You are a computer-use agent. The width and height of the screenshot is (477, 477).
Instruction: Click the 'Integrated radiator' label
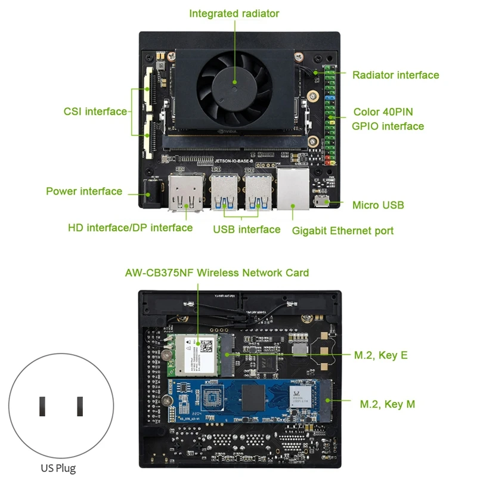pyautogui.click(x=234, y=13)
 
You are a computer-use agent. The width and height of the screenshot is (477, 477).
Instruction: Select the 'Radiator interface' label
pyautogui.click(x=395, y=75)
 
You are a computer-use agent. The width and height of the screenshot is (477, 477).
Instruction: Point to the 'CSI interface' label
pyautogui.click(x=95, y=111)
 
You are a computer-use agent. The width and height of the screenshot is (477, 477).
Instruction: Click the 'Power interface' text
pyautogui.click(x=84, y=191)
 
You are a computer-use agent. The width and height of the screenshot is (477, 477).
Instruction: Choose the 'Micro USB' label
pyautogui.click(x=378, y=205)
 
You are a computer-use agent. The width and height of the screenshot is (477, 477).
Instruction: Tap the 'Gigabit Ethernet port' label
pyautogui.click(x=342, y=231)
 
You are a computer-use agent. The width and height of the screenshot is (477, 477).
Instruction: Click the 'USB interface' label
pyautogui.click(x=246, y=230)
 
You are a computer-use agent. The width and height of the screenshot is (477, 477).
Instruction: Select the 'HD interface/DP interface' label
pyautogui.click(x=130, y=228)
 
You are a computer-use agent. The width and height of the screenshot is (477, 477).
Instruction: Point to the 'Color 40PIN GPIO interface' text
pyautogui.click(x=388, y=119)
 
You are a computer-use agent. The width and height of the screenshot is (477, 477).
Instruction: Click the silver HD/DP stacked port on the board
pyautogui.click(x=186, y=192)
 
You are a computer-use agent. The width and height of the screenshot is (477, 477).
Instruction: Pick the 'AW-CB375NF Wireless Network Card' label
pyautogui.click(x=217, y=273)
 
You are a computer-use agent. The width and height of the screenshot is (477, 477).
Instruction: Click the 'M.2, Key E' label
pyautogui.click(x=380, y=355)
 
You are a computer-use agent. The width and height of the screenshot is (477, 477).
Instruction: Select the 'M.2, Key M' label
pyautogui.click(x=387, y=404)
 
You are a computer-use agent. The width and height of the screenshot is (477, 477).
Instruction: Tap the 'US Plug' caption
pyautogui.click(x=58, y=468)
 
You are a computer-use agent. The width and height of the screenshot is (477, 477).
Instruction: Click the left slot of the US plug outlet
pyautogui.click(x=43, y=406)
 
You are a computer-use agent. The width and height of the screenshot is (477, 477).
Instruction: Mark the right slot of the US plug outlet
pyautogui.click(x=80, y=406)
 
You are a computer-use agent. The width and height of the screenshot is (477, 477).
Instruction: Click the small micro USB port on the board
pyautogui.click(x=323, y=201)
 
